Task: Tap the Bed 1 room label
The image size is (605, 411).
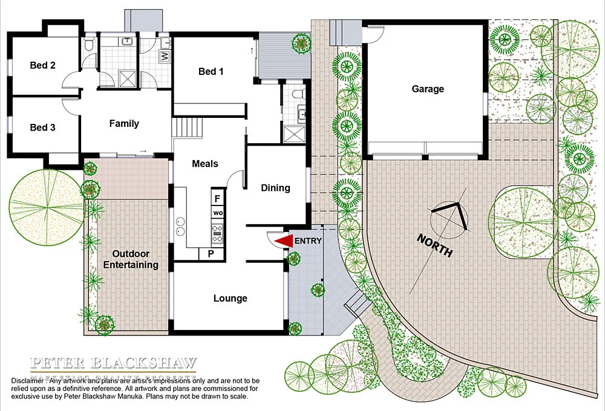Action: [211, 71]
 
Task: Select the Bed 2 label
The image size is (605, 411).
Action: [43, 65]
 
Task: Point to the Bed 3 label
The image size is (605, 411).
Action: [43, 128]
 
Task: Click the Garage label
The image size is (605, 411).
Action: [428, 89]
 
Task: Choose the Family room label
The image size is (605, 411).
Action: [124, 123]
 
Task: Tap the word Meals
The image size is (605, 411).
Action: [205, 163]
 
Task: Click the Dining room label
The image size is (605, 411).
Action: [275, 188]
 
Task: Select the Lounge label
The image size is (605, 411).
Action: [230, 298]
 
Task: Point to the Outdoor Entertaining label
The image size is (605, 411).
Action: [131, 259]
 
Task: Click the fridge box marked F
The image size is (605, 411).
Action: [217, 198]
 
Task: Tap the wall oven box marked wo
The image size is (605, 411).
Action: [217, 213]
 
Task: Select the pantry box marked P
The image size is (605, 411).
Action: [211, 254]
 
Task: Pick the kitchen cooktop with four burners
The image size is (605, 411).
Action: [217, 230]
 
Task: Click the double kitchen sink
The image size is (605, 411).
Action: [180, 225]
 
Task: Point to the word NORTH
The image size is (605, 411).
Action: [434, 245]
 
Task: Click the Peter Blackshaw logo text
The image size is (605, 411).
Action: [114, 364]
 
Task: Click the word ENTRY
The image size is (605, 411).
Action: [308, 241]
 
